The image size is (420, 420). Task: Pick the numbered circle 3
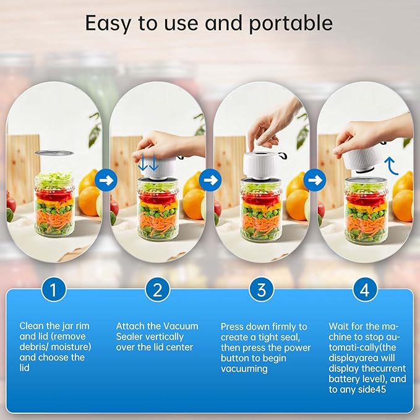click(262, 289)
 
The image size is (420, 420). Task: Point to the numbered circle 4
click(366, 289)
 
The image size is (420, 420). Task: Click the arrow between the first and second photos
click(106, 181)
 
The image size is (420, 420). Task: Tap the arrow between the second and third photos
click(210, 181)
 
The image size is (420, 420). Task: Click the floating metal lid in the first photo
click(54, 153)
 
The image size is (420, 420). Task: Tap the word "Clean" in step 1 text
click(32, 325)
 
